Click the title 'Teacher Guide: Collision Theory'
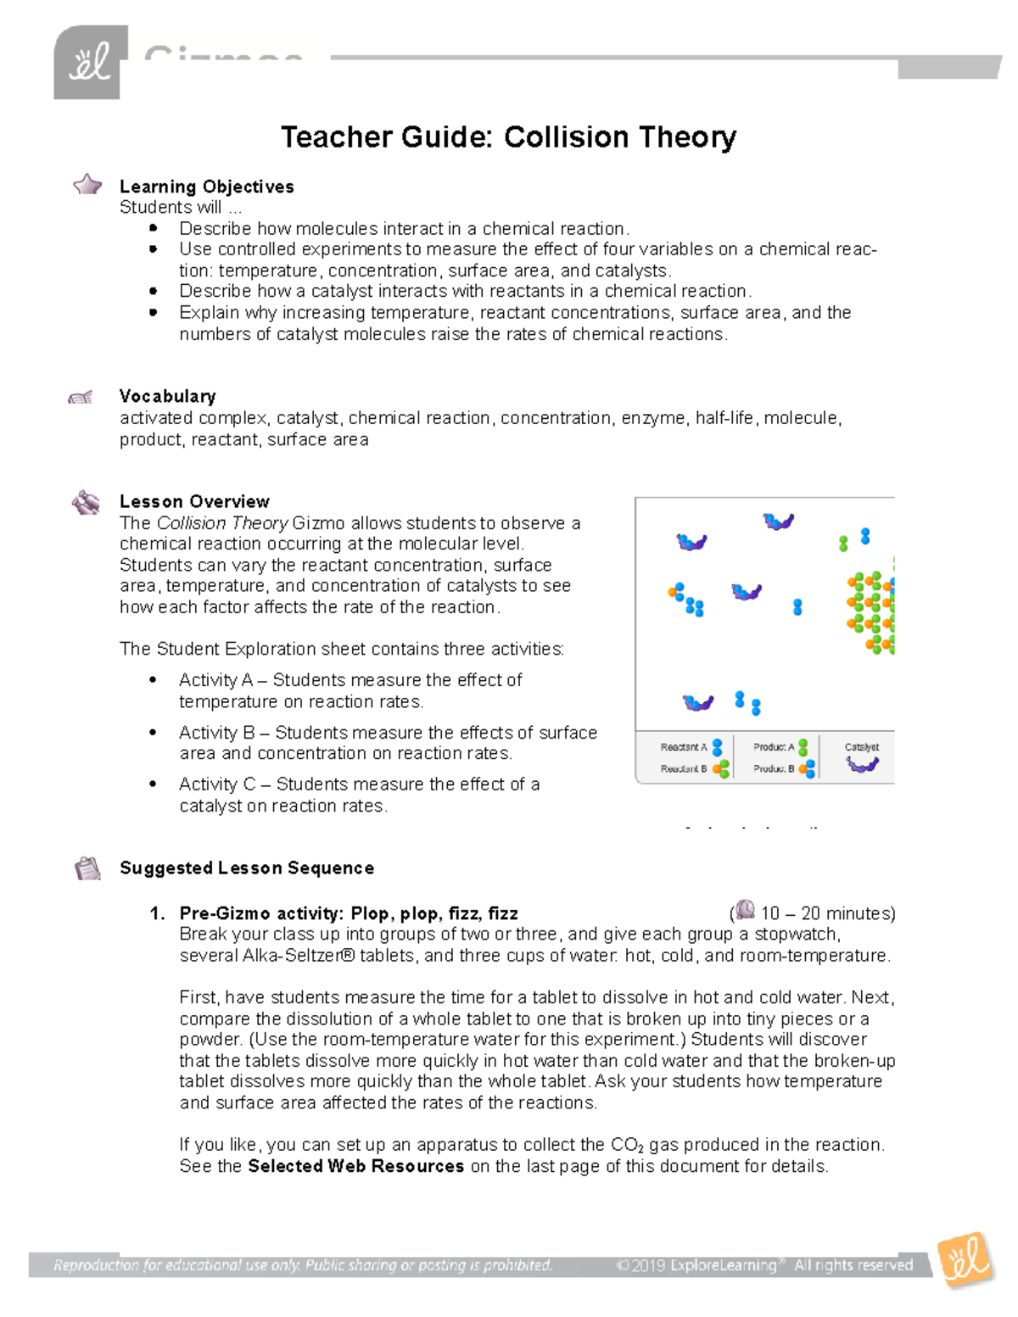[x=508, y=137]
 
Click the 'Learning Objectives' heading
[x=206, y=187]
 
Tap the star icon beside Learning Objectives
[x=87, y=185]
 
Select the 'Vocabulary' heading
[x=167, y=396]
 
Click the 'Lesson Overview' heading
[x=194, y=501]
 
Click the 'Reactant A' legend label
[x=683, y=747]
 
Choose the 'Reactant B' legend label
[x=683, y=768]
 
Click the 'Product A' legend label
[x=774, y=747]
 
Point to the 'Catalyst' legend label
[x=861, y=747]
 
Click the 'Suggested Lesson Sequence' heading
[x=246, y=868]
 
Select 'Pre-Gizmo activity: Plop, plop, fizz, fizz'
[x=348, y=913]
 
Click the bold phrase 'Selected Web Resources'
[x=355, y=1166]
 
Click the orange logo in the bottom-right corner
[x=965, y=1260]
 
